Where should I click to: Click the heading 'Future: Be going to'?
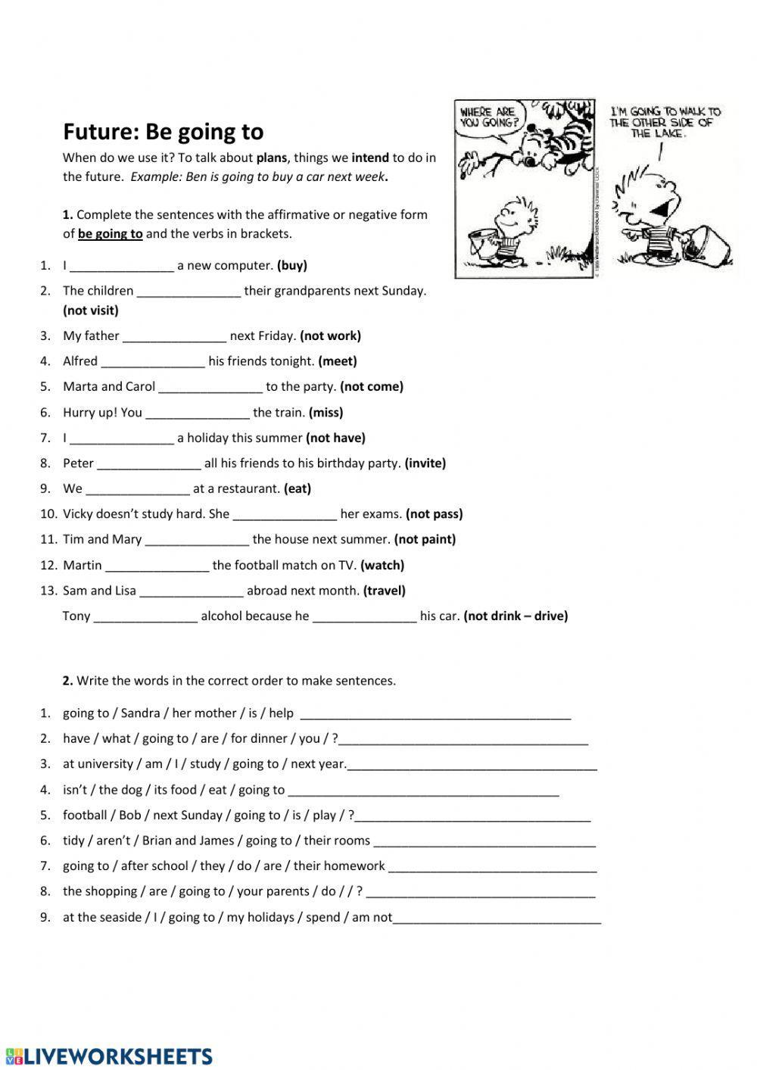click(x=163, y=132)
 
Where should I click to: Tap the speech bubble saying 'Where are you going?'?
click(x=488, y=117)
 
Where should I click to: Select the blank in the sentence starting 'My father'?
click(x=174, y=337)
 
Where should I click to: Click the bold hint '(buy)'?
click(x=292, y=266)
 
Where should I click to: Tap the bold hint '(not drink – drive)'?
click(x=516, y=616)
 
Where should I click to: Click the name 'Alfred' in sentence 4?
click(x=80, y=361)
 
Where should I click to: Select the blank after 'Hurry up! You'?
click(x=197, y=413)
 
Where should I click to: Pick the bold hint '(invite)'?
click(x=425, y=463)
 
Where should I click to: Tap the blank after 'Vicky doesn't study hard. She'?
click(x=285, y=515)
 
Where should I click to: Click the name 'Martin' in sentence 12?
click(x=83, y=566)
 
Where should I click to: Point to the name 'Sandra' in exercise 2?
click(x=141, y=713)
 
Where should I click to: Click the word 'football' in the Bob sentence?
click(x=85, y=816)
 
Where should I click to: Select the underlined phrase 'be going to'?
click(x=110, y=234)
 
